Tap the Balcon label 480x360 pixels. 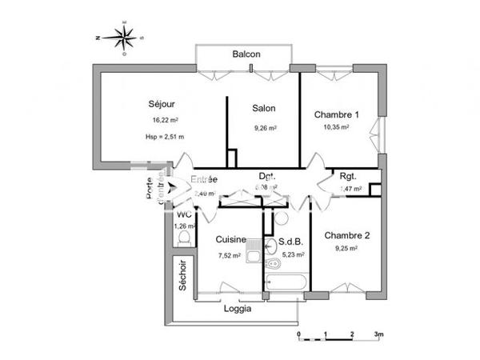[x=246, y=54]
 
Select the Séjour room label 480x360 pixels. [x=162, y=104]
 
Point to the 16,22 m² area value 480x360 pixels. [x=165, y=121]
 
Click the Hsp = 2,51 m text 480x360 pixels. [x=165, y=137]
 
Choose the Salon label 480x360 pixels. [x=264, y=109]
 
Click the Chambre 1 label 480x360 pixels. [x=336, y=114]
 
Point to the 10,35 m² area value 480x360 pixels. [x=336, y=127]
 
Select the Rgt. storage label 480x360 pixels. [x=348, y=176]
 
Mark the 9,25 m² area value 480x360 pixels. [x=346, y=249]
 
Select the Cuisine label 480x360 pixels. [x=230, y=239]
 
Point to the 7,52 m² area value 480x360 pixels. [x=230, y=256]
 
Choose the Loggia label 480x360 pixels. [x=237, y=309]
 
